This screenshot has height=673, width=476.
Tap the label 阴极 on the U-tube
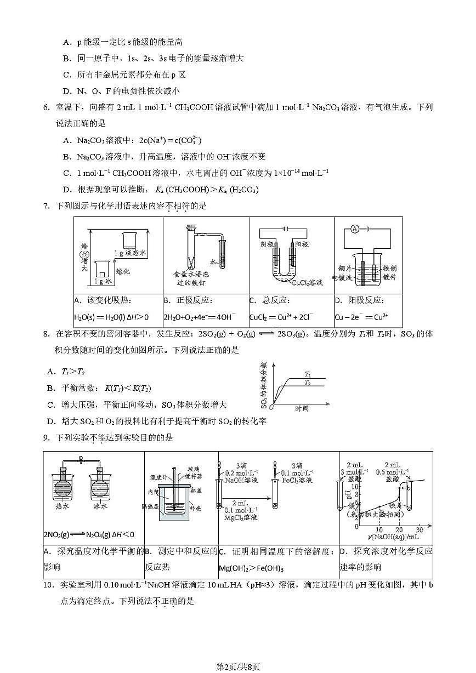pos(268,244)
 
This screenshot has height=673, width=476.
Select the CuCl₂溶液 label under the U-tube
pos(307,282)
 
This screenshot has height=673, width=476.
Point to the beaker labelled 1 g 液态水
pos(130,239)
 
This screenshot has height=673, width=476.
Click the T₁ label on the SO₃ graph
pos(308,374)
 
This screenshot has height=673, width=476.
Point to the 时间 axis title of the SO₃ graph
pos(302,408)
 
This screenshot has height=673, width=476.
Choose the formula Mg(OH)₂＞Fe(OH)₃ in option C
pos(251,568)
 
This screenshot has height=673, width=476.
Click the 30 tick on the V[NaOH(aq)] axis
pos(420,529)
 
